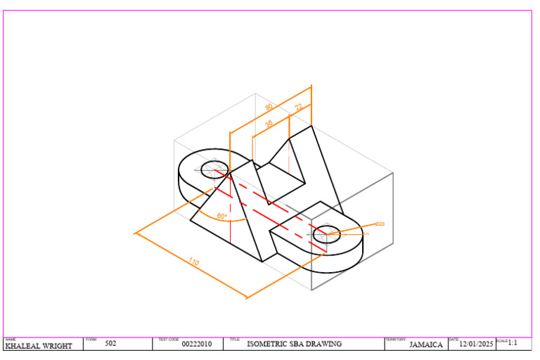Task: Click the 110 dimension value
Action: click(193, 262)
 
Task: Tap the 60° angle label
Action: click(222, 217)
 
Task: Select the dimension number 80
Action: click(269, 107)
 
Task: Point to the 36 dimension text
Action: click(269, 123)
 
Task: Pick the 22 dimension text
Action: click(299, 107)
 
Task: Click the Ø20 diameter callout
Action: click(380, 224)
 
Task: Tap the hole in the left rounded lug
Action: click(213, 169)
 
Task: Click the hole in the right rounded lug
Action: click(326, 233)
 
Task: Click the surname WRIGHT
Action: click(57, 346)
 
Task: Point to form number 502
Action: click(110, 344)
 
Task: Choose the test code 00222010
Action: click(196, 345)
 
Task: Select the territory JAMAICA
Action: click(426, 345)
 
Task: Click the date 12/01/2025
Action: click(477, 345)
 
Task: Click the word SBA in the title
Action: click(297, 345)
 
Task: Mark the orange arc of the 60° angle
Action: click(232, 221)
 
